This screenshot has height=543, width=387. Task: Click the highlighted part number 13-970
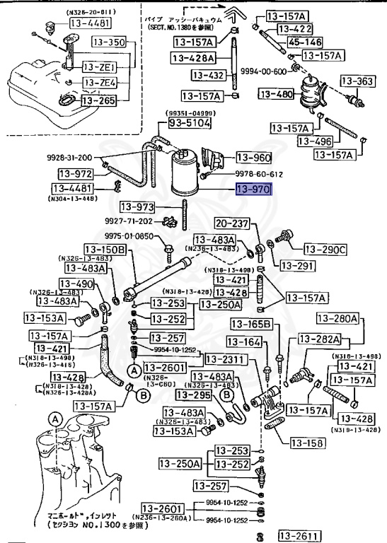pos(253,189)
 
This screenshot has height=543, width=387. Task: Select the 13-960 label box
pos(253,158)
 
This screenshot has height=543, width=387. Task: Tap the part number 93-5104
pos(189,122)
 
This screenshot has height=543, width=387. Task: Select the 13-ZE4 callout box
pos(99,83)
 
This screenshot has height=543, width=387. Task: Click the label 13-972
pos(74,173)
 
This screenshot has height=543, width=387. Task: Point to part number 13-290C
pos(325,249)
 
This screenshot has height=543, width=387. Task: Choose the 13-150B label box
pos(105,250)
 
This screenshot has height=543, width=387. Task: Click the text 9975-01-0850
pos(135,236)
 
